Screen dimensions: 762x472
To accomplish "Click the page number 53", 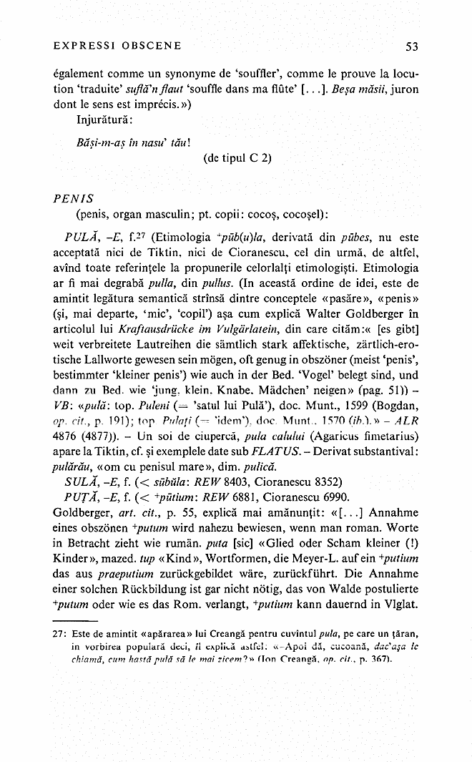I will point(411,47).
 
